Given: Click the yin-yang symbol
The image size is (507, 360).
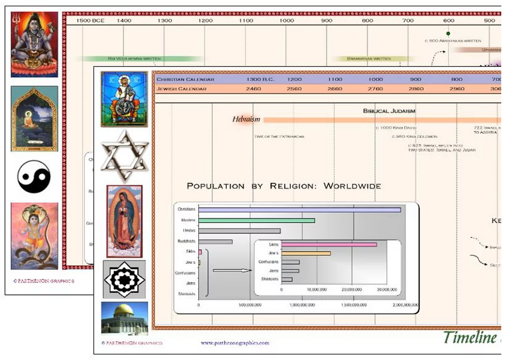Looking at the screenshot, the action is pyautogui.click(x=34, y=177).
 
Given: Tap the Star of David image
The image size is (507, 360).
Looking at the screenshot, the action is pyautogui.click(x=124, y=156).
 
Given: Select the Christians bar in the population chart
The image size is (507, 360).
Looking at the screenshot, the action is pyautogui.click(x=299, y=209).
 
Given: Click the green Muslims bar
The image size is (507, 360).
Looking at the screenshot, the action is pyautogui.click(x=256, y=220).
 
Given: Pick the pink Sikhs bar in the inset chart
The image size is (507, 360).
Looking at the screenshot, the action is pyautogui.click(x=329, y=244).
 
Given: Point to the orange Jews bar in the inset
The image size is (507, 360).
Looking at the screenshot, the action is pyautogui.click(x=306, y=253).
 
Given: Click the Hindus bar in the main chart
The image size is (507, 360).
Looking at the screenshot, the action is pyautogui.click(x=239, y=231).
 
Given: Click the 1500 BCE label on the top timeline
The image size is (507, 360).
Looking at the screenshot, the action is pyautogui.click(x=91, y=20).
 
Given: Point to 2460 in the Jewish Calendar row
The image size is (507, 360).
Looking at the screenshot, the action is pyautogui.click(x=253, y=89).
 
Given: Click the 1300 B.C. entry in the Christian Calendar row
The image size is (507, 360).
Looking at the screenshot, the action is pyautogui.click(x=260, y=80).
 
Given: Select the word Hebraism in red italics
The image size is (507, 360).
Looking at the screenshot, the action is pyautogui.click(x=246, y=119).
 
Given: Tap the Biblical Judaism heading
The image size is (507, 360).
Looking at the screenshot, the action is pyautogui.click(x=389, y=111).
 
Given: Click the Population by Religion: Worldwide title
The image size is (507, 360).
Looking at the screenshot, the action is pyautogui.click(x=284, y=186).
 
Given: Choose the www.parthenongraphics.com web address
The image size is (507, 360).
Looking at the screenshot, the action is pyautogui.click(x=235, y=343).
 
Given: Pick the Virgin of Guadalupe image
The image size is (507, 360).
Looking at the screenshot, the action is pyautogui.click(x=124, y=221).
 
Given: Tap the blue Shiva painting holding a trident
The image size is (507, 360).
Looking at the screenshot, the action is pyautogui.click(x=34, y=44).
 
